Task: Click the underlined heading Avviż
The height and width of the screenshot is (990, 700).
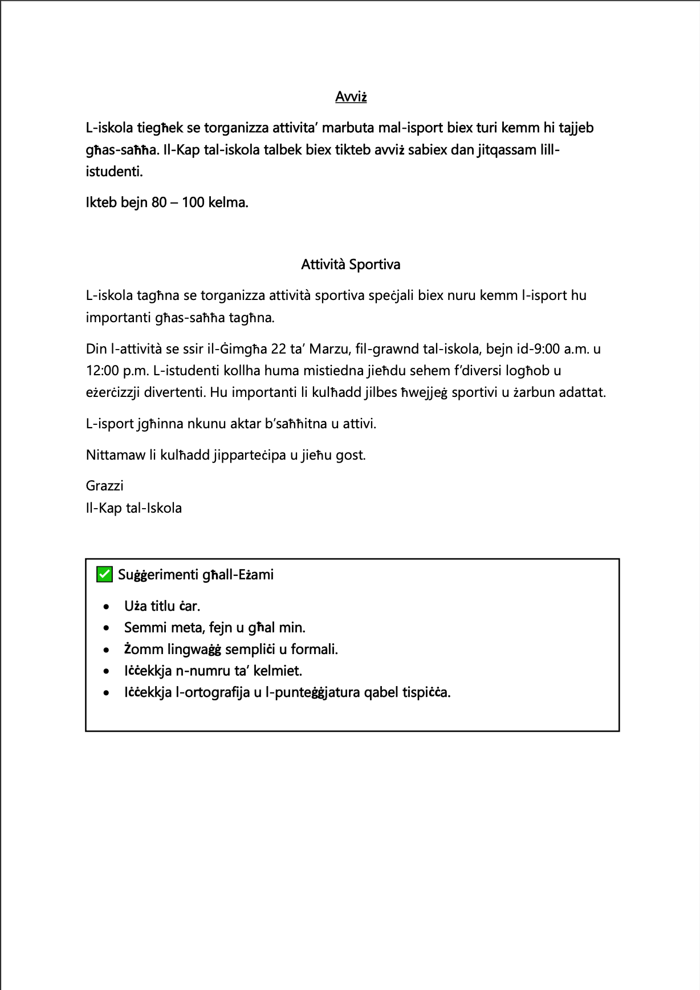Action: pyautogui.click(x=351, y=97)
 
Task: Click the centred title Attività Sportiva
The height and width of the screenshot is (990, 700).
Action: pyautogui.click(x=351, y=265)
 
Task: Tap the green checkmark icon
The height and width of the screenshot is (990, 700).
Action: pyautogui.click(x=104, y=574)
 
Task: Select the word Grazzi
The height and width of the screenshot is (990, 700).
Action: pyautogui.click(x=104, y=486)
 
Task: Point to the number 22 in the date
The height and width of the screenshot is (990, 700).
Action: pyautogui.click(x=279, y=349)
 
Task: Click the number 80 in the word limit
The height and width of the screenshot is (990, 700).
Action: pyautogui.click(x=159, y=202)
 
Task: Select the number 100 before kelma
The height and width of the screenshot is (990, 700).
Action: pyautogui.click(x=193, y=202)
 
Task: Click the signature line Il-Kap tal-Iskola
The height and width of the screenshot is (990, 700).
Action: pyautogui.click(x=134, y=508)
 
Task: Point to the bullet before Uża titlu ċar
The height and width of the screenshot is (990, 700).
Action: pyautogui.click(x=106, y=606)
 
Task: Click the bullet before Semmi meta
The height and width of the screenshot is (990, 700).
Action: pyautogui.click(x=106, y=628)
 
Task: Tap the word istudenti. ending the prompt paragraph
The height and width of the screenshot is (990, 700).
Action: pyautogui.click(x=114, y=172)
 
